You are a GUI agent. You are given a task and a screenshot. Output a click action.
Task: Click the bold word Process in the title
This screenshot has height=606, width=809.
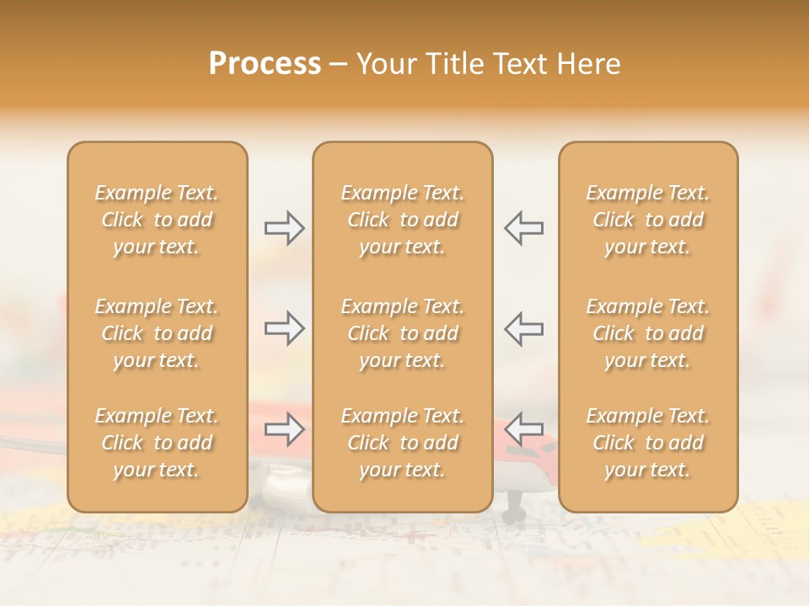pos(265,64)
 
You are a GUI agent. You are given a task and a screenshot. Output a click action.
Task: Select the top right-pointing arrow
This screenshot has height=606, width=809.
pos(284,228)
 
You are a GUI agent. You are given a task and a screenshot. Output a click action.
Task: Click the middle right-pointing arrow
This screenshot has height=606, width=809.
pos(284,328)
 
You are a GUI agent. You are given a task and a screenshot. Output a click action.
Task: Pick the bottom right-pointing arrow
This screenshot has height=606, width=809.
pos(284,430)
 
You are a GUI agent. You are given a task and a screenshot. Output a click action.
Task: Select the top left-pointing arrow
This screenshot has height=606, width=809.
pos(524,228)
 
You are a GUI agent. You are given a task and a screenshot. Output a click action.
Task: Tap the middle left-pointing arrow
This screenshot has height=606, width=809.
pos(524,328)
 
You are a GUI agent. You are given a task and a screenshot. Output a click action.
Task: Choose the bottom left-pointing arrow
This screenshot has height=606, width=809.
pos(524,430)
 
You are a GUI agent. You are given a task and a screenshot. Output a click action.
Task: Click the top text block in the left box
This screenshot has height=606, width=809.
pos(157,220)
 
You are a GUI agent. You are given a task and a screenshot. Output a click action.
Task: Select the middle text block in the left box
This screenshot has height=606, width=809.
pos(157,333)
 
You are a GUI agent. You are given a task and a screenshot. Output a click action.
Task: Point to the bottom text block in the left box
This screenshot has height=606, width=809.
pos(157,443)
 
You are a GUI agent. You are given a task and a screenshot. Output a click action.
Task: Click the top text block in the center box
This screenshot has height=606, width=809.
pos(403,220)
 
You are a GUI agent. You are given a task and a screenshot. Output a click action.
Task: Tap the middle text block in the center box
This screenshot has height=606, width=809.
pos(403,333)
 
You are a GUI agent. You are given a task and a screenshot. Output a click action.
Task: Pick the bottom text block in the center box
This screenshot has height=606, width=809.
pos(403,443)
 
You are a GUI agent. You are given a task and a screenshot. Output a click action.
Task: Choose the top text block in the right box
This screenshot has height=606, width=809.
pos(648,220)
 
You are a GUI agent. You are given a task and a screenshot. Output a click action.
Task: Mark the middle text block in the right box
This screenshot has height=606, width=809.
pos(648,333)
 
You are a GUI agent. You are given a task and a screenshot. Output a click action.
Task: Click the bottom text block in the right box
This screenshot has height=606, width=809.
pos(648,443)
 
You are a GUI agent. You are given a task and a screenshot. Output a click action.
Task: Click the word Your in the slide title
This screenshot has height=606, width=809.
pos(385,64)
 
